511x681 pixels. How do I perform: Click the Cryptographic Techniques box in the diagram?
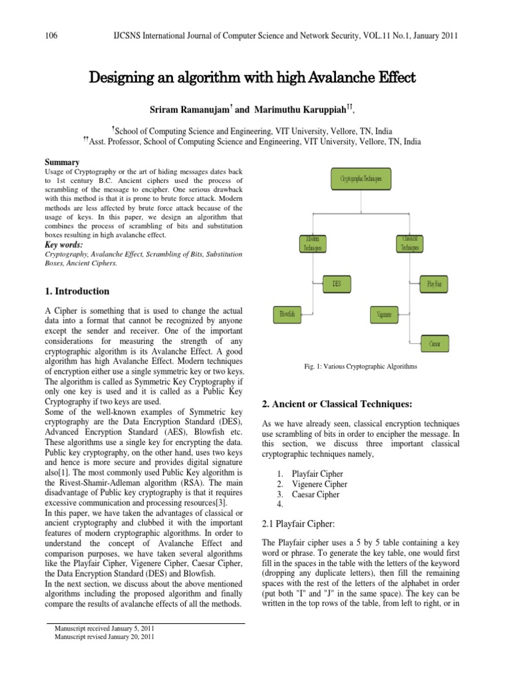(x=361, y=179)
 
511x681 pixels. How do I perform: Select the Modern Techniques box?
(x=313, y=243)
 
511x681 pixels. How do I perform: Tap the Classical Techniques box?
(x=410, y=243)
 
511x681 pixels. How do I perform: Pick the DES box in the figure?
(x=337, y=284)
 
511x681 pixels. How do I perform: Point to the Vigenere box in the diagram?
(x=384, y=313)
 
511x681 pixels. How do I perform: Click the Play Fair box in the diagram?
(x=434, y=285)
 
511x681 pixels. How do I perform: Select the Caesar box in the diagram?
(x=434, y=344)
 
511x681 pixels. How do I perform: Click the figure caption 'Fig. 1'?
(x=360, y=366)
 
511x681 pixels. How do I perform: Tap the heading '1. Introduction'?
(x=77, y=291)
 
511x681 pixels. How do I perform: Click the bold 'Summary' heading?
(x=62, y=162)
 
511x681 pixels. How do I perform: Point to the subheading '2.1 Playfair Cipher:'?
(x=305, y=525)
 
